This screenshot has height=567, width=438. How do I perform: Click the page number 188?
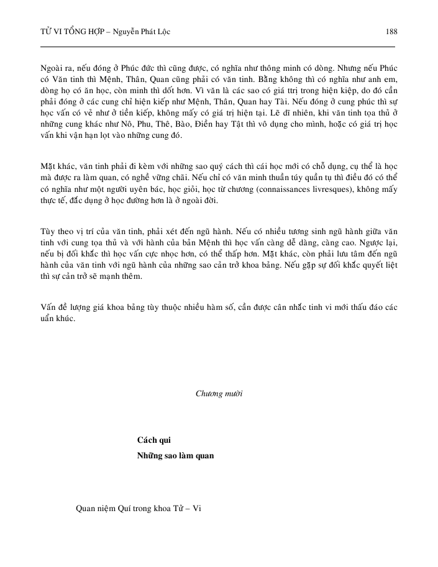coord(391,32)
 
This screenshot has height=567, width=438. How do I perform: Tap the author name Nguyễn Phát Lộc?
coord(142,32)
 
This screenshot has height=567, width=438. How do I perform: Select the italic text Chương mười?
coord(219,393)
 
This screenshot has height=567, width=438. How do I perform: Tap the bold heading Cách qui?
coord(153,440)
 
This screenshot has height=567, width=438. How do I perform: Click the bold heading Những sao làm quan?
coord(175,455)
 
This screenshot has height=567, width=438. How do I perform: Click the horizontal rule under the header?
coord(217,47)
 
